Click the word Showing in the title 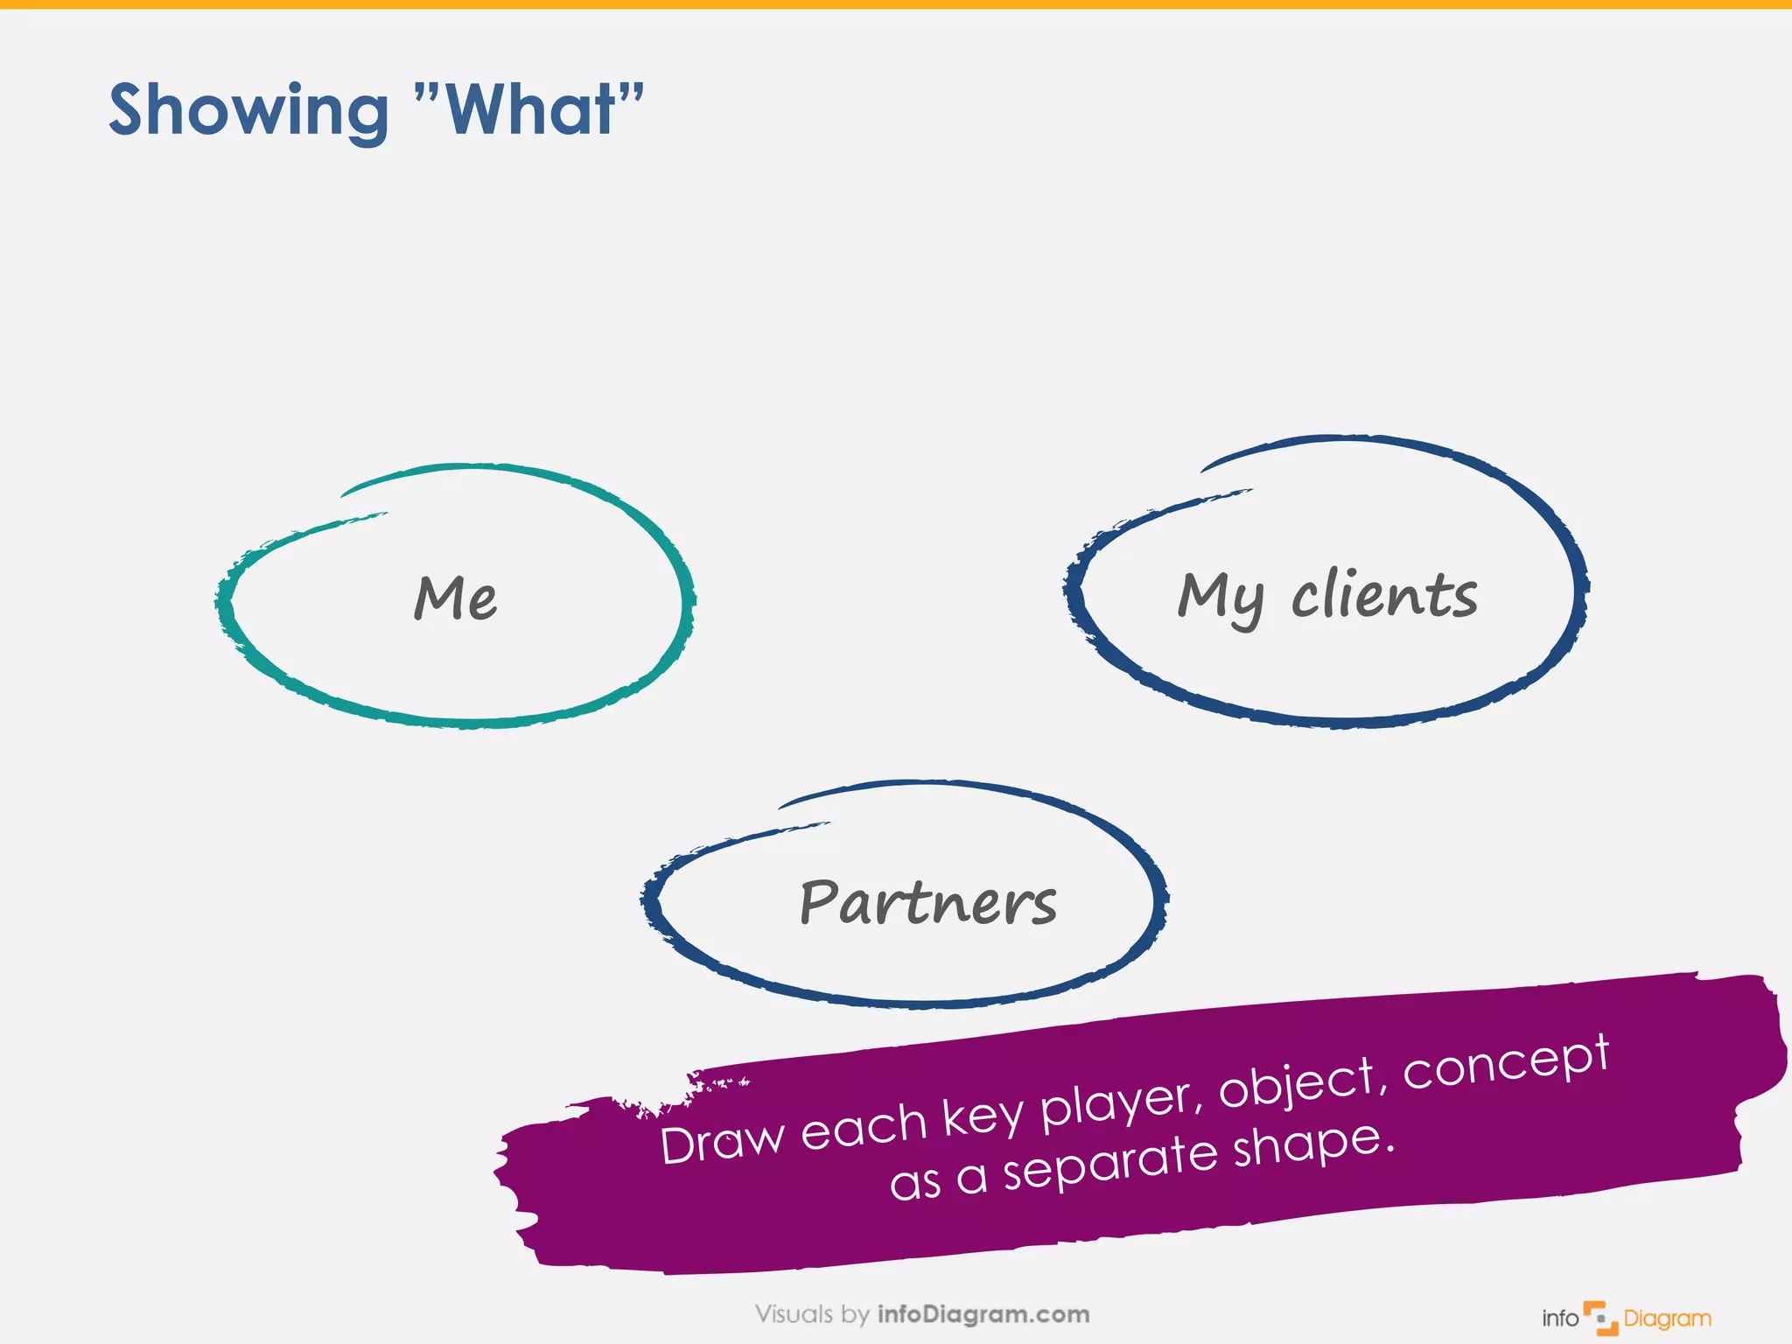(x=248, y=112)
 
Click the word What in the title (x=530, y=110)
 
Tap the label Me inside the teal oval (x=455, y=598)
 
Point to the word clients (x=1384, y=594)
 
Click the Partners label (x=927, y=902)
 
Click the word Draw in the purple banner (x=723, y=1141)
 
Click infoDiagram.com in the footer (x=983, y=1313)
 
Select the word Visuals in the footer (x=794, y=1313)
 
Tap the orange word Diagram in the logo (x=1667, y=1319)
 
